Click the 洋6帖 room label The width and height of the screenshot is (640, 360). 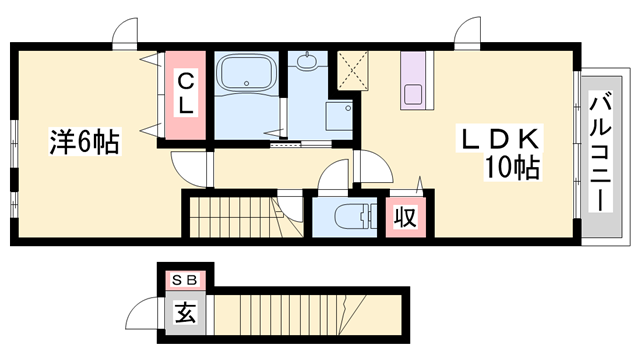[85, 143]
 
